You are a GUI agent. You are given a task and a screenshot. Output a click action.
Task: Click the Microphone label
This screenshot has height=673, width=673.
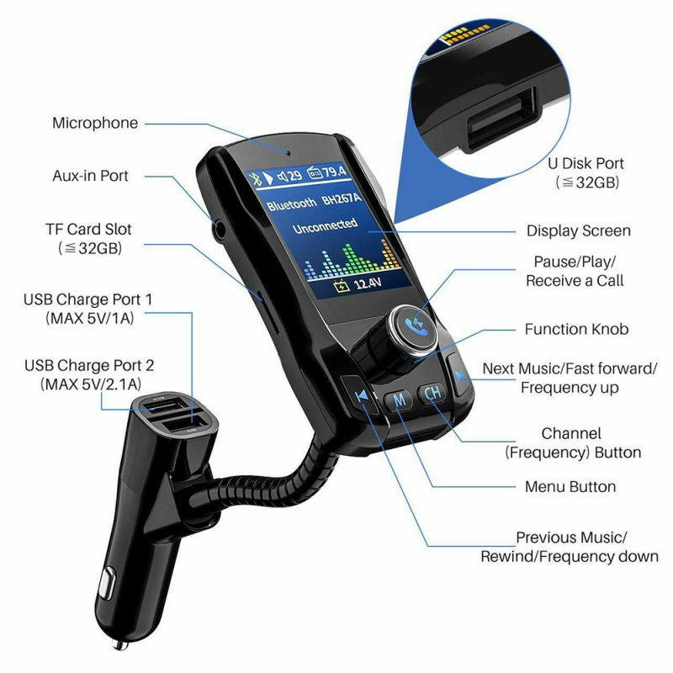coord(95,123)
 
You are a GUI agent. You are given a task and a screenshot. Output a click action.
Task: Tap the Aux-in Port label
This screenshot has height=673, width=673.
coord(90,176)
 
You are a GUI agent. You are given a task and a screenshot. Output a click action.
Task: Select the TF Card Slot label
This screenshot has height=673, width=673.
coord(88,229)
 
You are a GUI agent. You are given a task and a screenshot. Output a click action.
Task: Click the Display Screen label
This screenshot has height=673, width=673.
coord(578,231)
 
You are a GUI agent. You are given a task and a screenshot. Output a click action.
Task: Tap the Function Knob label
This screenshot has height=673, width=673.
coord(576,329)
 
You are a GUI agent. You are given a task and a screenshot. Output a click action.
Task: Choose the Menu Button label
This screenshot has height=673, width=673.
coord(570,486)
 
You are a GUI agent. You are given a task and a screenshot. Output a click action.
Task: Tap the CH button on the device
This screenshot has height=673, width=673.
coord(432,393)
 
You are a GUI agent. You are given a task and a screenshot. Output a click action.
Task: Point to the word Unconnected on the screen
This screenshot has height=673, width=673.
coord(325,226)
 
